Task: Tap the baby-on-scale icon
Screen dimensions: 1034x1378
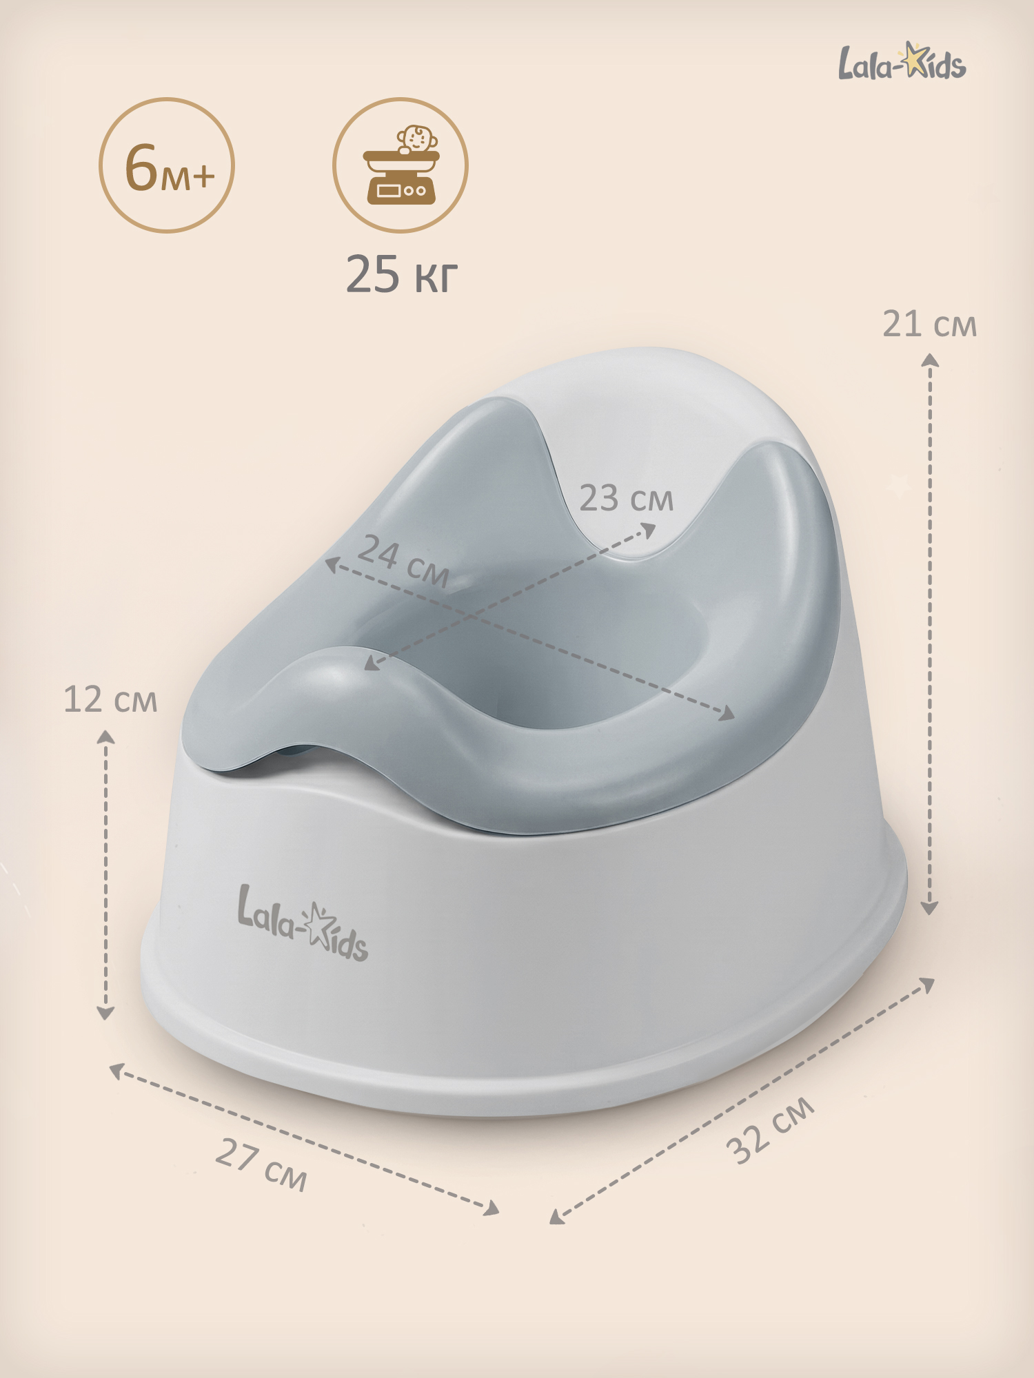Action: pos(401,165)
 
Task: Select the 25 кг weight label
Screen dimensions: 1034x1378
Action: pos(401,274)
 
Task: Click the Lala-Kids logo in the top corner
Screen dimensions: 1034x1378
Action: pos(902,61)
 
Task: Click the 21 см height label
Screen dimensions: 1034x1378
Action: pos(930,324)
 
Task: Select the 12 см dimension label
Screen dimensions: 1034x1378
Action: pos(110,699)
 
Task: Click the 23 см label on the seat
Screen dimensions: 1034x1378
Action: pos(626,497)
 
